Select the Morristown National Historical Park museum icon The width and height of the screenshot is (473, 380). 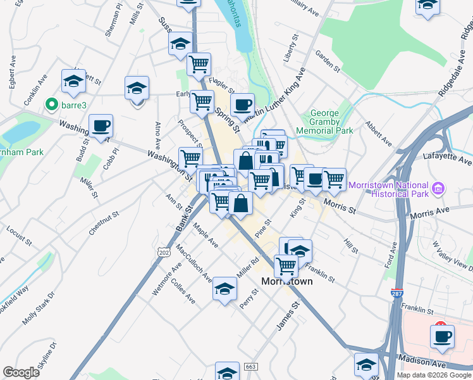[439, 188]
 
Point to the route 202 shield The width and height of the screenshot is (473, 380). [165, 252]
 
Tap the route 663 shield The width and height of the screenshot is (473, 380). [251, 367]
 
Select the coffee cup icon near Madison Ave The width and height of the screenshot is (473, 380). [442, 336]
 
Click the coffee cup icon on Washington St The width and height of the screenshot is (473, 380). [101, 125]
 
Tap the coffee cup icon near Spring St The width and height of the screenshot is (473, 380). [242, 104]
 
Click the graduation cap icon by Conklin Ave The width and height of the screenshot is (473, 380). [73, 81]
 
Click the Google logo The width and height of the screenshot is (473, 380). [21, 372]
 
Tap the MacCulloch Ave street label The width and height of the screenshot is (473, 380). [193, 262]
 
